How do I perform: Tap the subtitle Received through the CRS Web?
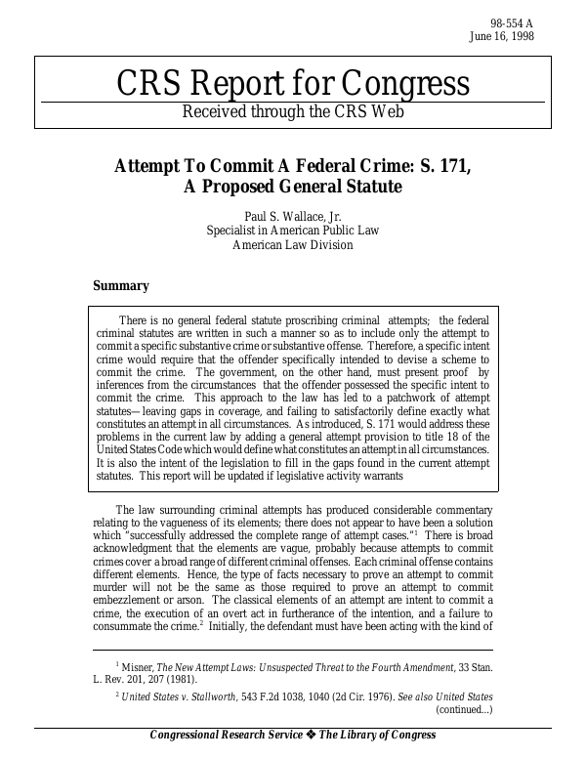click(292, 111)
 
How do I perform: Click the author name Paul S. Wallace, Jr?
click(292, 216)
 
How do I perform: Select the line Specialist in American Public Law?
click(292, 232)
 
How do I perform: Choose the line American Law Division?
click(292, 246)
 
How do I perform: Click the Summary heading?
click(120, 286)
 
